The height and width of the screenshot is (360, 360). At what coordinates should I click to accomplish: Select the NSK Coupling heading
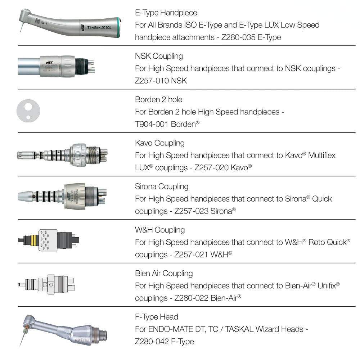click(x=159, y=56)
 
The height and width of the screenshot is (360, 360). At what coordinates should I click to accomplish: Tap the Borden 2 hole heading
click(x=158, y=100)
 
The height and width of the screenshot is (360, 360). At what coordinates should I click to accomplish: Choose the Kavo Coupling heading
click(x=159, y=143)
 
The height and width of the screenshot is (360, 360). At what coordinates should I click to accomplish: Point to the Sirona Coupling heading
click(x=162, y=186)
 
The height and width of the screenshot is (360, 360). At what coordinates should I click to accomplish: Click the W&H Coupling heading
click(x=160, y=230)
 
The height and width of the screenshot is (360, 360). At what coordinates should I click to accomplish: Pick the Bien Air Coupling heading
click(x=164, y=274)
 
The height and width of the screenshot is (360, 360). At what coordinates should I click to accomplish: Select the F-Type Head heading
click(x=157, y=317)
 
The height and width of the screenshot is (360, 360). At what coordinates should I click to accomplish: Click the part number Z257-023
click(x=191, y=211)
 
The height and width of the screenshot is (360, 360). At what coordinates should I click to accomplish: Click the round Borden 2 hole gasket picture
click(x=28, y=110)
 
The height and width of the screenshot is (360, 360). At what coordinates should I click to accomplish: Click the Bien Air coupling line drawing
click(x=47, y=284)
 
